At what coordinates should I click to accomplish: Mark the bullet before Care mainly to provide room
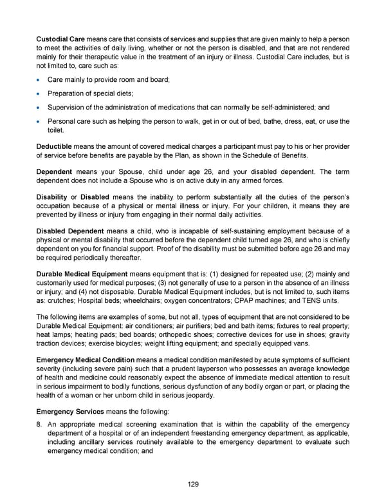click(39, 81)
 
